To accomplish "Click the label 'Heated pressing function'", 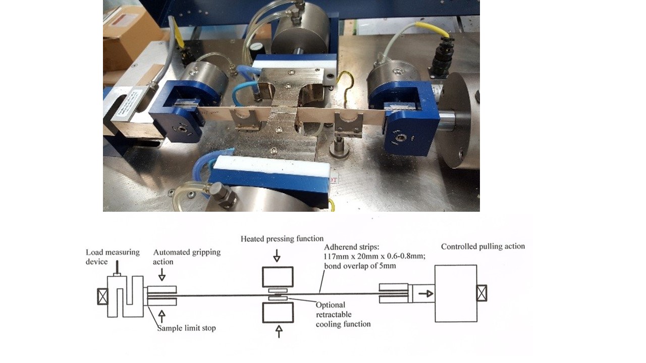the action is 282,239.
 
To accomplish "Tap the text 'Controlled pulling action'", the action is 483,247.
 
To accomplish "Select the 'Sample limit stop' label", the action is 186,328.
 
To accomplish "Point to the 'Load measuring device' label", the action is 113,257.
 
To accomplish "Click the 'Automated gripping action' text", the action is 187,257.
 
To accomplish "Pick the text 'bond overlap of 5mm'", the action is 360,266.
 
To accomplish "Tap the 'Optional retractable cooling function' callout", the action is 343,314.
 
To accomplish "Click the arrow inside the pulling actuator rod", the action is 426,294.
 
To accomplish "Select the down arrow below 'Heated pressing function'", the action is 277,255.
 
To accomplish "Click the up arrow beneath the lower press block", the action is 279,331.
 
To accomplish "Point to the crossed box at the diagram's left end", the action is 102,296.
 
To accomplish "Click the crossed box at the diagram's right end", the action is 481,293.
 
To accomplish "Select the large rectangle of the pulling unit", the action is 456,293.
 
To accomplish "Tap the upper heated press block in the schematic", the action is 278,277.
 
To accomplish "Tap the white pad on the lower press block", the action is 271,165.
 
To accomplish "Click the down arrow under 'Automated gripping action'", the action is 162,275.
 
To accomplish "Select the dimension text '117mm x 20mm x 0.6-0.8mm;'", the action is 374,256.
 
